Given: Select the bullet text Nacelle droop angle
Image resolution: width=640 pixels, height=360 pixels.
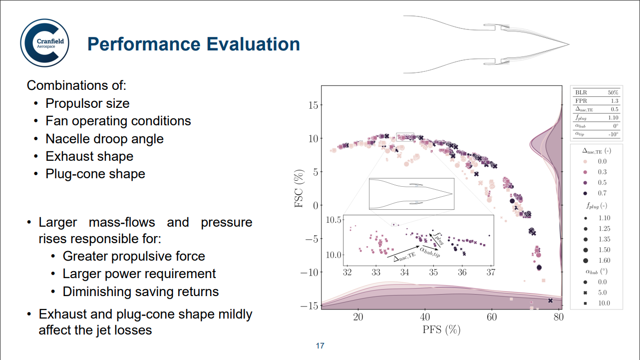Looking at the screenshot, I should (104, 138).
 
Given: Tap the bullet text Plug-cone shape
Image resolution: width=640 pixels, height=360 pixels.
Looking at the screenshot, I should (95, 174).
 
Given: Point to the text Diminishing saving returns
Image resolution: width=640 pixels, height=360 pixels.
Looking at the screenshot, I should (140, 291).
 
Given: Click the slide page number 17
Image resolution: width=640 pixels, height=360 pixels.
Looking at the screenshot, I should (320, 346).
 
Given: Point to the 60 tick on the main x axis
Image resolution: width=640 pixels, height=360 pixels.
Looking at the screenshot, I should (492, 318).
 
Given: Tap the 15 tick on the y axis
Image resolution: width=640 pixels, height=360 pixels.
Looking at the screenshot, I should (313, 105).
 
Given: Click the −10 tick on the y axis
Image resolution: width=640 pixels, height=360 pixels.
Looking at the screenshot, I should (310, 272).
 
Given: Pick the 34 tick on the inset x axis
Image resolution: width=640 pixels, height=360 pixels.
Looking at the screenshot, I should (405, 272).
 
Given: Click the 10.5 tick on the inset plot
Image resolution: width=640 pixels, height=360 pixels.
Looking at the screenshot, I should (333, 220).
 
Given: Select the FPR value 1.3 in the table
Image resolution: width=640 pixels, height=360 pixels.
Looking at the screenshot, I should (614, 100).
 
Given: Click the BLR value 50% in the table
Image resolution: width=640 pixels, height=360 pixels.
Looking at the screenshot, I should (613, 92).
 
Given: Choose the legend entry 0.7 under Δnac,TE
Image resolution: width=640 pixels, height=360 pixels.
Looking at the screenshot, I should (602, 193).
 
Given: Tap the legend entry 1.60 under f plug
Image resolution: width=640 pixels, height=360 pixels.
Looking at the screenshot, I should (603, 260).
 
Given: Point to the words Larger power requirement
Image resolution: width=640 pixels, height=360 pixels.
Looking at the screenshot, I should (139, 274).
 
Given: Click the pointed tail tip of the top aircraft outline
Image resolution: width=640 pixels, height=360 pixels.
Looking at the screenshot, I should (568, 44).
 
